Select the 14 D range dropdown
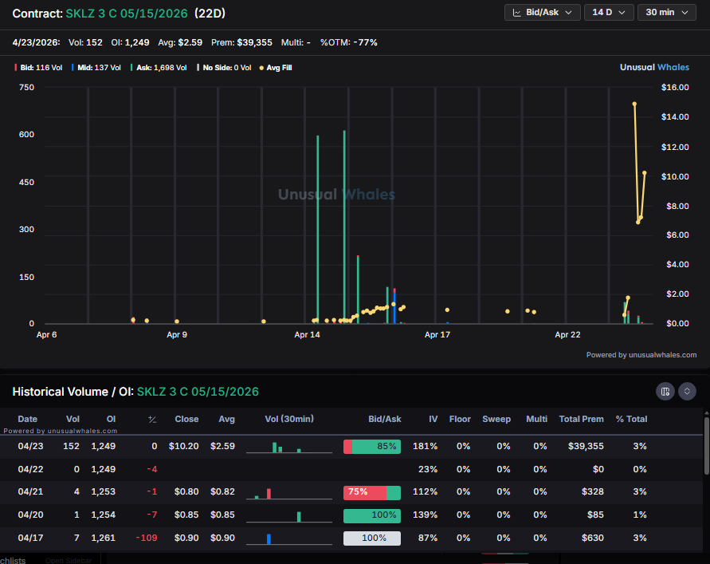tap(609, 13)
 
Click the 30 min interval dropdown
tap(666, 13)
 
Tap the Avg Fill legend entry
tap(276, 68)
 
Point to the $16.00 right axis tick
tap(674, 87)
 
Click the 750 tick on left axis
tap(26, 87)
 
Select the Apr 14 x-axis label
tap(307, 335)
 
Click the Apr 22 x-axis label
tap(567, 335)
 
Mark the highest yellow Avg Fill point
tap(634, 105)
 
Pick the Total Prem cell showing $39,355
tap(581, 447)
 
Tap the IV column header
tap(432, 419)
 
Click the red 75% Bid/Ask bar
tap(364, 492)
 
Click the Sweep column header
tap(496, 419)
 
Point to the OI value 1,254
tap(103, 515)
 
